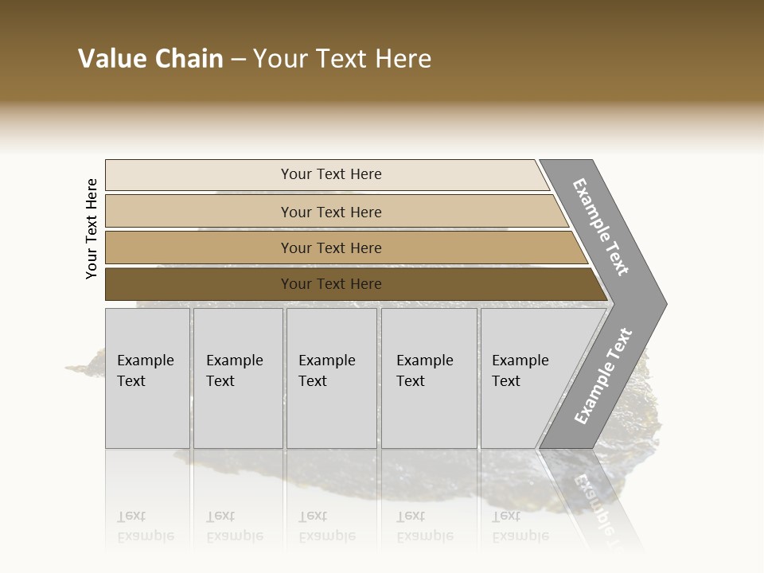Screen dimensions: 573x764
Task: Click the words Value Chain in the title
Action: click(150, 59)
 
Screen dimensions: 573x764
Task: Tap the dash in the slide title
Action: click(238, 60)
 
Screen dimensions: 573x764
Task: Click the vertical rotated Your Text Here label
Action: click(92, 228)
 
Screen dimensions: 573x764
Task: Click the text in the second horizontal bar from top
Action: click(331, 212)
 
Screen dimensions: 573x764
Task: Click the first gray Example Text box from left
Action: click(147, 378)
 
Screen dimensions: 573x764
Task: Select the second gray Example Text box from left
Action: click(238, 378)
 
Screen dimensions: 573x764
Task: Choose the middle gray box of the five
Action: click(331, 378)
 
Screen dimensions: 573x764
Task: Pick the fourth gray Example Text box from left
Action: click(429, 378)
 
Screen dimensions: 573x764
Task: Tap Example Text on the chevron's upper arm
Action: click(601, 227)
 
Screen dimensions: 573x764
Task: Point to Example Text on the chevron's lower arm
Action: click(602, 376)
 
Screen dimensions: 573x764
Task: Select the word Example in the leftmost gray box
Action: click(145, 361)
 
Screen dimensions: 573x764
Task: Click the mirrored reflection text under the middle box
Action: click(326, 526)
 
